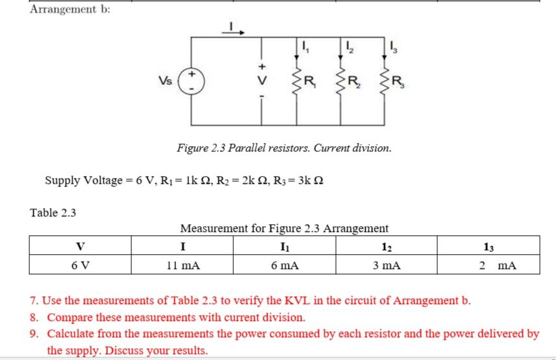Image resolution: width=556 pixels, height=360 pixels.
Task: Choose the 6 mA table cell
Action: (283, 265)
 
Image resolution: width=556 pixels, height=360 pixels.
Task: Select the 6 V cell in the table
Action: (80, 265)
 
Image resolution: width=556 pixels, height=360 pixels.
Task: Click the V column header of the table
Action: (80, 246)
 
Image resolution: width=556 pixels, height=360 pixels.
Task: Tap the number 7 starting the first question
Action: (34, 302)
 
